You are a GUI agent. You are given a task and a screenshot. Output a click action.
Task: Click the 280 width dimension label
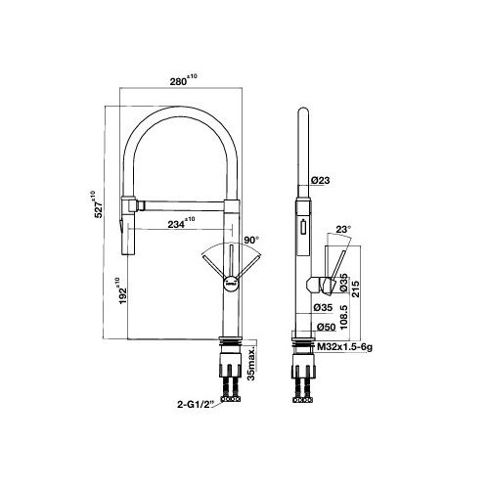[183, 80]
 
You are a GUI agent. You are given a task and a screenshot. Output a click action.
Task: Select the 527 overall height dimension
[96, 204]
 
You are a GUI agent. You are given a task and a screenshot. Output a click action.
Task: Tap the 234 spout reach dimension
[181, 223]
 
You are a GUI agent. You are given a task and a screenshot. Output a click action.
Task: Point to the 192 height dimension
[120, 291]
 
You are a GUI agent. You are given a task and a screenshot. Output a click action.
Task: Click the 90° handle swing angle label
[251, 240]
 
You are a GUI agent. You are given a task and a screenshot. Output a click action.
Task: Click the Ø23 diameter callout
[321, 180]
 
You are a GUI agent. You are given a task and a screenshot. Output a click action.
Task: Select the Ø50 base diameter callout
[327, 327]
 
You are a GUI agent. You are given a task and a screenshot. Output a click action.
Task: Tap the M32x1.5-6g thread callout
[345, 347]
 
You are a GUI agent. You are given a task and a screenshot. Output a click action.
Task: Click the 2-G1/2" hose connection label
[196, 405]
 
